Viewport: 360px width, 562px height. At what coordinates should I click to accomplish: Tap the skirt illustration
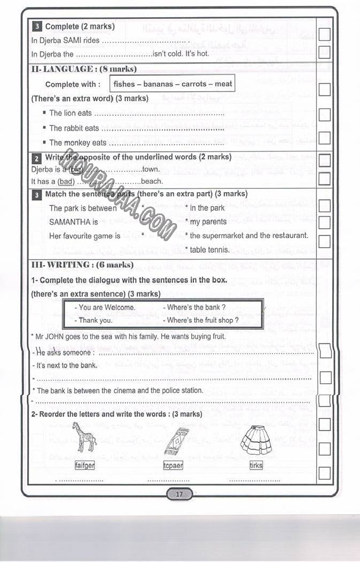[256, 440]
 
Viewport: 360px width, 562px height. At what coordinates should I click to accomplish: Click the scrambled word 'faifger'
[85, 465]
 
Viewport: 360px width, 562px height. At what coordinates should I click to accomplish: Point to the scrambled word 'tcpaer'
[173, 465]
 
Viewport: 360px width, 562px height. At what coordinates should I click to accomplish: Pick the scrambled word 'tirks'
[256, 465]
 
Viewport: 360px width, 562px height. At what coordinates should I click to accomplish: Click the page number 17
[179, 494]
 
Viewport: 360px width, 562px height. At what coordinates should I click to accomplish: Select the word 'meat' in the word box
[223, 84]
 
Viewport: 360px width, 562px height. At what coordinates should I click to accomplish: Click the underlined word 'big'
[76, 169]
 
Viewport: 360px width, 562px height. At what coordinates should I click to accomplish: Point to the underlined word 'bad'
[67, 181]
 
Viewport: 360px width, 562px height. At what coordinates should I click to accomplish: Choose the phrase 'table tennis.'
[210, 250]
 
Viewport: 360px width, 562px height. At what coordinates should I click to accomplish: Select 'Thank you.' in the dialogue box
[95, 320]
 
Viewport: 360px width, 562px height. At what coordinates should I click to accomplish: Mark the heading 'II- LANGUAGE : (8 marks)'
[84, 69]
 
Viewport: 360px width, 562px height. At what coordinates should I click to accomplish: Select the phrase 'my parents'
[208, 222]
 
